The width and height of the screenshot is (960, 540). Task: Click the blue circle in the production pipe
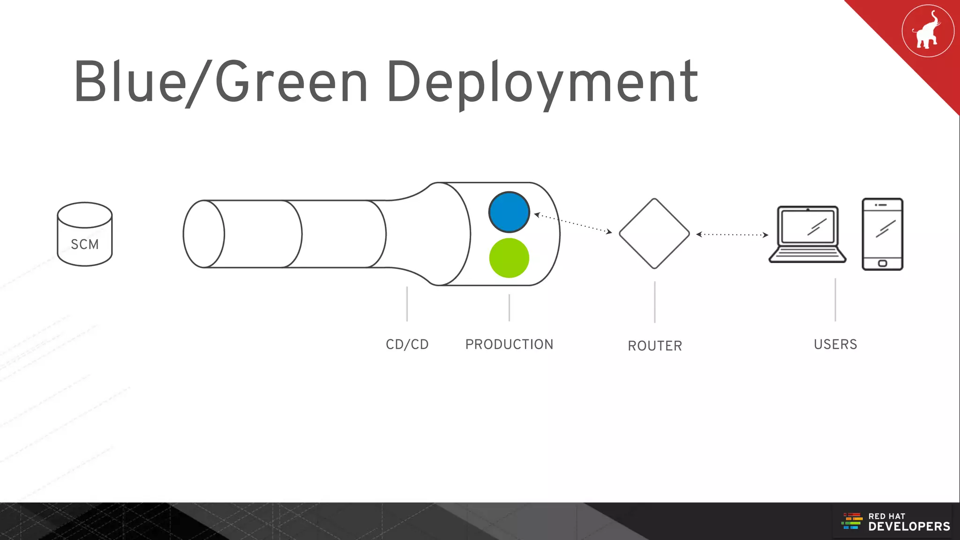tap(509, 212)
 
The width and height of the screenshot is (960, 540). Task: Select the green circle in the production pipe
tap(509, 258)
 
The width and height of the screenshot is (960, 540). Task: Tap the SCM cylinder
tap(85, 234)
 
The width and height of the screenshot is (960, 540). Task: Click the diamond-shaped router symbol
tap(654, 233)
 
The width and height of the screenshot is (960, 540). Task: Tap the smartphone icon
tap(882, 234)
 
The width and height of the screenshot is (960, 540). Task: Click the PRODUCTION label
tap(509, 345)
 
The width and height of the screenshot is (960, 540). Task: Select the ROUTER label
tap(655, 346)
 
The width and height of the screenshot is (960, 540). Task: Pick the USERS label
tap(835, 345)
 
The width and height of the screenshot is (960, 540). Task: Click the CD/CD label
tap(407, 345)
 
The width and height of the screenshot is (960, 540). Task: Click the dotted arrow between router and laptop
tap(732, 234)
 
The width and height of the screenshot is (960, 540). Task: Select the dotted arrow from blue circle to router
tap(573, 223)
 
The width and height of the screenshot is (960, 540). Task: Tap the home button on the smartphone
tap(882, 263)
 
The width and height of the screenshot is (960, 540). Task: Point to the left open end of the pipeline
tap(204, 234)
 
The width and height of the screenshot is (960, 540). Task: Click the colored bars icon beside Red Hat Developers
tap(852, 521)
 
